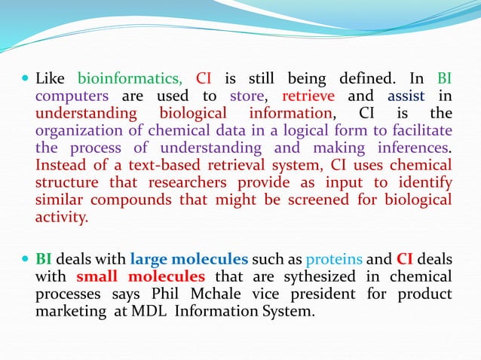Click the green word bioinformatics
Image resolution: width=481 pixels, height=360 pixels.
(130, 79)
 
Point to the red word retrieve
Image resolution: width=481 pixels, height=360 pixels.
(309, 96)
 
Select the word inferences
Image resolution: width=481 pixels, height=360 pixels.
(414, 148)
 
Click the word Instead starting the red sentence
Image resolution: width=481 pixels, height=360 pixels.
(63, 165)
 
